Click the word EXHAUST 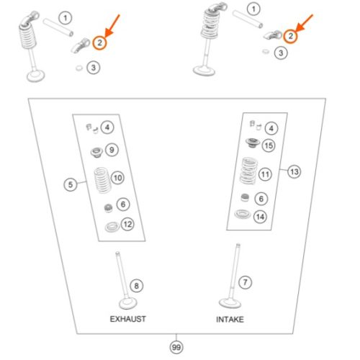[127, 319]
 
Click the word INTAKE [230, 320]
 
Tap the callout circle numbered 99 [176, 347]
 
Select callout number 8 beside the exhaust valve [136, 286]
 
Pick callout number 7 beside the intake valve [245, 282]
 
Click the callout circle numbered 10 [118, 178]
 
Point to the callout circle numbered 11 [265, 174]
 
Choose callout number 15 [269, 145]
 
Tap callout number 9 [112, 150]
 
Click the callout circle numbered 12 [127, 224]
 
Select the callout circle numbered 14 [261, 217]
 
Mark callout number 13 [294, 171]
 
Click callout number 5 [71, 184]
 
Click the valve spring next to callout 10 [102, 181]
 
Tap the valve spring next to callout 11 [248, 171]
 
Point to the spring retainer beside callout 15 [253, 143]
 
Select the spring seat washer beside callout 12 [112, 227]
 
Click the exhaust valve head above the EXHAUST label [128, 304]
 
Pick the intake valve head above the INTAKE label [230, 303]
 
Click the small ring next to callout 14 [243, 214]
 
